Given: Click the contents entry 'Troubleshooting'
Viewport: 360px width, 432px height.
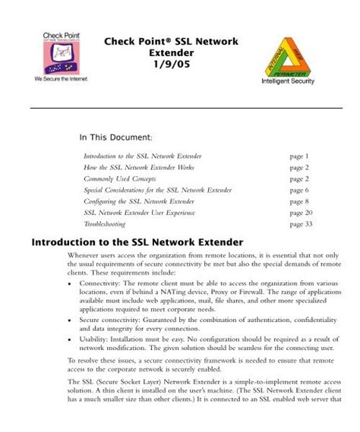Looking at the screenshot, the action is pyautogui.click(x=106, y=225).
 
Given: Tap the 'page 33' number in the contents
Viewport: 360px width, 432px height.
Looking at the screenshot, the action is pyautogui.click(x=302, y=225).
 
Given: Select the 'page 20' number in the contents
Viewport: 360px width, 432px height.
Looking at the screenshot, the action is pyautogui.click(x=302, y=213).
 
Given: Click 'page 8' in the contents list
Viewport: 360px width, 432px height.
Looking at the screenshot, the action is pyautogui.click(x=299, y=202).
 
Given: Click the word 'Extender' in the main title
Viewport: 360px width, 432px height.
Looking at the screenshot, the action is pyautogui.click(x=160, y=55).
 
